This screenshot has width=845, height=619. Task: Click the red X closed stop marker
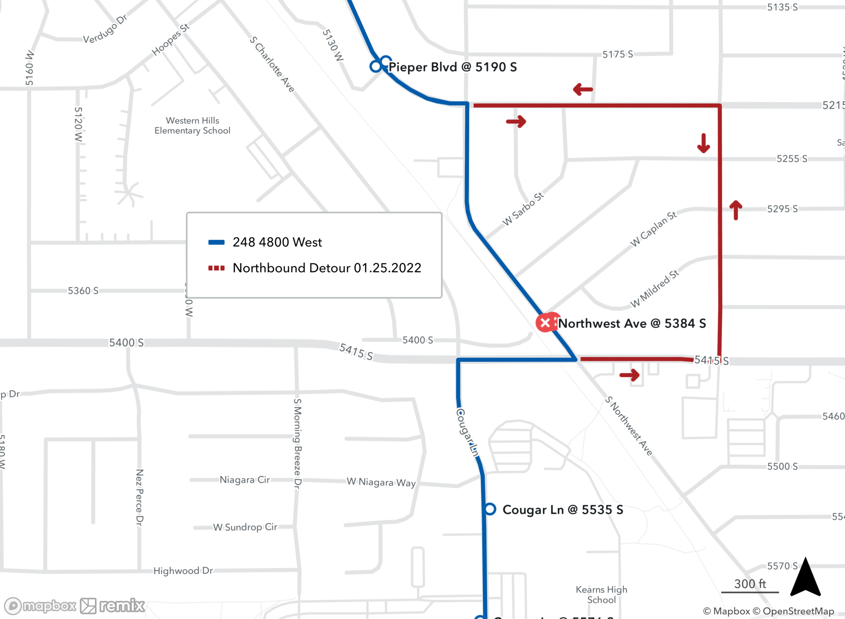tap(545, 323)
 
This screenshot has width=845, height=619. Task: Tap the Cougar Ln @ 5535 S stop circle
tap(490, 509)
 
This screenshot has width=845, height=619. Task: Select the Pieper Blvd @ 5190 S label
tap(452, 67)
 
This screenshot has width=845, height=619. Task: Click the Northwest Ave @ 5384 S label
tap(632, 324)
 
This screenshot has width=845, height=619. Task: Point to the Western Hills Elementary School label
tap(192, 125)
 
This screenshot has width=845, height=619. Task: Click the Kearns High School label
tap(601, 594)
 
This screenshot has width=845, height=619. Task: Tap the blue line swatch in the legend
tap(216, 242)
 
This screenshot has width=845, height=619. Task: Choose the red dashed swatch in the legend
tap(216, 268)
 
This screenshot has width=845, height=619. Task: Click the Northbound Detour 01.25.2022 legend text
tap(327, 268)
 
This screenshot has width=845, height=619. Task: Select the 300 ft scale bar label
tap(750, 584)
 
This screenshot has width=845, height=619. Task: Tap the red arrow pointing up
tap(736, 210)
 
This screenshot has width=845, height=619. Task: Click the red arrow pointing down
tap(703, 143)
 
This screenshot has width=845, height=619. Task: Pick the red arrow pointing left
tap(583, 89)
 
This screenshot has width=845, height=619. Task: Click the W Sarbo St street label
tap(523, 209)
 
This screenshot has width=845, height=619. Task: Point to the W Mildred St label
tap(654, 289)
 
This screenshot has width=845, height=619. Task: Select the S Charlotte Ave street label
tap(272, 64)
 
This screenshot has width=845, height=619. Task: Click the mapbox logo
tap(41, 606)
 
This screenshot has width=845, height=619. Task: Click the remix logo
tap(112, 606)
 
